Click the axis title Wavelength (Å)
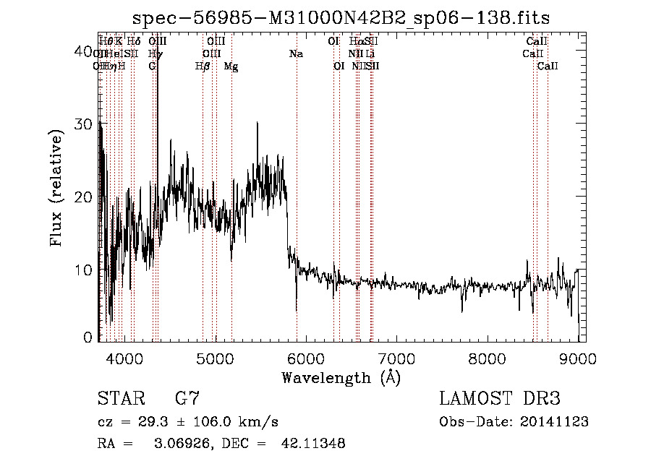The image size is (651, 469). pyautogui.click(x=340, y=377)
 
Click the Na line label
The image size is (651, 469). pyautogui.click(x=296, y=53)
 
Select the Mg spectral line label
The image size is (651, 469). pyautogui.click(x=231, y=66)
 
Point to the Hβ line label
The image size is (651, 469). pyautogui.click(x=203, y=66)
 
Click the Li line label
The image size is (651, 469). pyautogui.click(x=370, y=53)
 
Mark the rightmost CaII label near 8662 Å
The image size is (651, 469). pyautogui.click(x=548, y=66)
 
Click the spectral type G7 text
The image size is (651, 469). pyautogui.click(x=187, y=398)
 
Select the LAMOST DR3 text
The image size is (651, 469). pyautogui.click(x=500, y=398)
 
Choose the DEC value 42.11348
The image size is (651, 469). pyautogui.click(x=312, y=444)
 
